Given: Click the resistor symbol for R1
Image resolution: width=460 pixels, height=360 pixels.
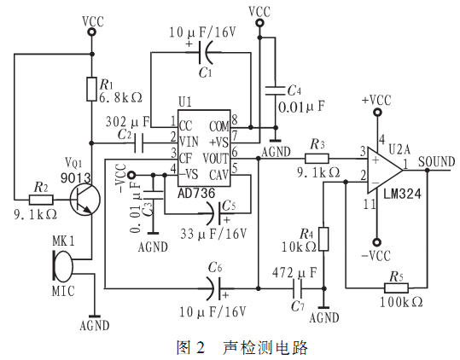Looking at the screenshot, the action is (x=91, y=89).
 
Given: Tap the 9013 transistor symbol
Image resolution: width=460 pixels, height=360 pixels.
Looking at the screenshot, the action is (x=85, y=200).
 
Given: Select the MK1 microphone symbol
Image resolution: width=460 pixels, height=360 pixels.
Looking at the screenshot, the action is (x=62, y=266).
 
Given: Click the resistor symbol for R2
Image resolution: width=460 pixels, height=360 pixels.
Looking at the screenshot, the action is (x=41, y=200).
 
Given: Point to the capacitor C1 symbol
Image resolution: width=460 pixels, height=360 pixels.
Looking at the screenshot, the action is (x=206, y=53).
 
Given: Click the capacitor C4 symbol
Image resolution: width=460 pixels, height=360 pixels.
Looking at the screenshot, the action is (x=275, y=90).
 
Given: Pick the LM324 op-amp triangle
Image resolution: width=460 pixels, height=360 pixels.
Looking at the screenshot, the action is (x=385, y=171).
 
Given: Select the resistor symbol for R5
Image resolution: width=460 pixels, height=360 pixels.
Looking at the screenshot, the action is (x=396, y=287).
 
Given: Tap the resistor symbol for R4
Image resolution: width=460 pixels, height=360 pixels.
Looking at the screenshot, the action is (x=323, y=239).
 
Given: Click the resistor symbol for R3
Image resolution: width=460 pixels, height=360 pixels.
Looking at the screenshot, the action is (x=317, y=159).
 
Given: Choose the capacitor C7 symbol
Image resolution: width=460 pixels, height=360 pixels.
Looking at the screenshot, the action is (x=297, y=288).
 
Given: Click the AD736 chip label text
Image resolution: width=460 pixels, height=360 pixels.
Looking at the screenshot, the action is (x=196, y=193).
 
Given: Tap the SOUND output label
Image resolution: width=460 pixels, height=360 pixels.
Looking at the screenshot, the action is (x=437, y=161).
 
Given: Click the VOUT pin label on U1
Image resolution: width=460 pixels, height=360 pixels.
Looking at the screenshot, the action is (x=216, y=159).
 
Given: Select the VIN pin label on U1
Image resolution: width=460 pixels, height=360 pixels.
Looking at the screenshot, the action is (x=189, y=142).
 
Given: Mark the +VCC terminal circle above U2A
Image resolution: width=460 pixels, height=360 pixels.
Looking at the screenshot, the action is (x=377, y=113).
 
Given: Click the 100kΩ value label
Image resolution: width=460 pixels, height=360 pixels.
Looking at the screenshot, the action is (x=401, y=302).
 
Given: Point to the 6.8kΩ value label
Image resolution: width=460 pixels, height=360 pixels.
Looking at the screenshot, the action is (x=120, y=97).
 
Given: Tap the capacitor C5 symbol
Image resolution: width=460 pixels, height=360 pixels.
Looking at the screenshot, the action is (x=217, y=213).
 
